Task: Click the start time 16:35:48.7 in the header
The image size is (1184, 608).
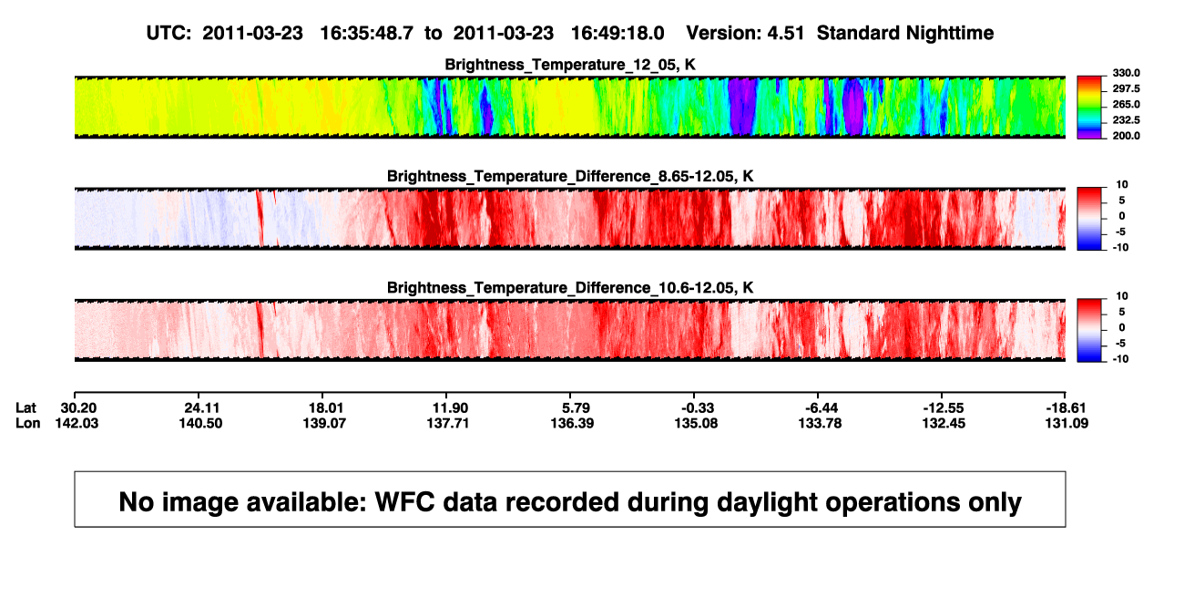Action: point(366,34)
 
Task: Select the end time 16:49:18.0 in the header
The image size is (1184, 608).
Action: point(618,34)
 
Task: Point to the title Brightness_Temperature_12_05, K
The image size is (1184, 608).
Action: point(570,65)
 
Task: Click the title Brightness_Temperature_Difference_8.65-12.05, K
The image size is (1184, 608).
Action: point(570,176)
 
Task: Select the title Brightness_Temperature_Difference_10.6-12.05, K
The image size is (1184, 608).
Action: point(570,288)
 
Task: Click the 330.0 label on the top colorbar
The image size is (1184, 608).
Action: point(1126,73)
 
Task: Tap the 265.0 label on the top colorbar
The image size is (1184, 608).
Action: point(1126,104)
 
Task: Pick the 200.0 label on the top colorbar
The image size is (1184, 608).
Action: point(1126,136)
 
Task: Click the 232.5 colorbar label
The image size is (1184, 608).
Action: point(1126,120)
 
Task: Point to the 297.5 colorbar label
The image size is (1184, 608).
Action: point(1126,88)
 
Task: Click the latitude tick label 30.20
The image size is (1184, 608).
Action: point(78,408)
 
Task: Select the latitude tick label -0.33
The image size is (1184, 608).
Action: point(697,408)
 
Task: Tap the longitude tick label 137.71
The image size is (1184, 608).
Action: point(448,423)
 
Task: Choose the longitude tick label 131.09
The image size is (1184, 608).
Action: point(1067,423)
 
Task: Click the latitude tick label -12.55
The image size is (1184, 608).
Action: point(944,408)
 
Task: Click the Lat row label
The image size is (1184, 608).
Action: point(26,408)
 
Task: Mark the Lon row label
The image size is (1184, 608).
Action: point(28,423)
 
